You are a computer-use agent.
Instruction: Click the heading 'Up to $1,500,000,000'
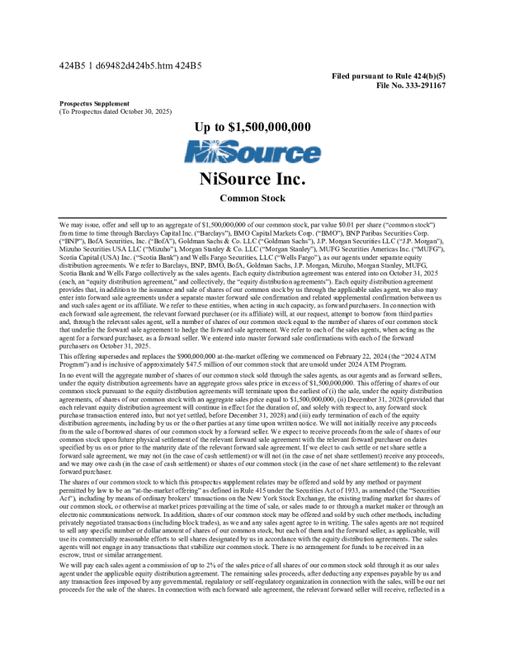click(252, 127)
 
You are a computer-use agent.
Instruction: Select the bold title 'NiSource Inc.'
click(252, 179)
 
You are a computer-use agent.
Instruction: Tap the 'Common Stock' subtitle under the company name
click(252, 199)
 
